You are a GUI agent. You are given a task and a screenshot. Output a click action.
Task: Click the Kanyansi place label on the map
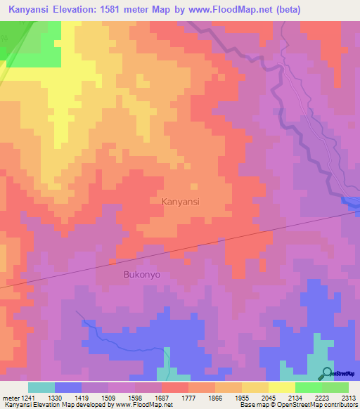(181, 202)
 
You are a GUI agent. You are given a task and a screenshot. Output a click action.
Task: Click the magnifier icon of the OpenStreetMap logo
(328, 373)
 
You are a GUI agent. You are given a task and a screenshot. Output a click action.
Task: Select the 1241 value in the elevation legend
(25, 397)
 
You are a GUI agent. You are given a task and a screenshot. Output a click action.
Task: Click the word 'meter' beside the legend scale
(9, 397)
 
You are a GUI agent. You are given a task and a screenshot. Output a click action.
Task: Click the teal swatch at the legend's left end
(41, 387)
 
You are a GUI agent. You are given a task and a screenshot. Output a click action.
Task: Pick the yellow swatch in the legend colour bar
(281, 387)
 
